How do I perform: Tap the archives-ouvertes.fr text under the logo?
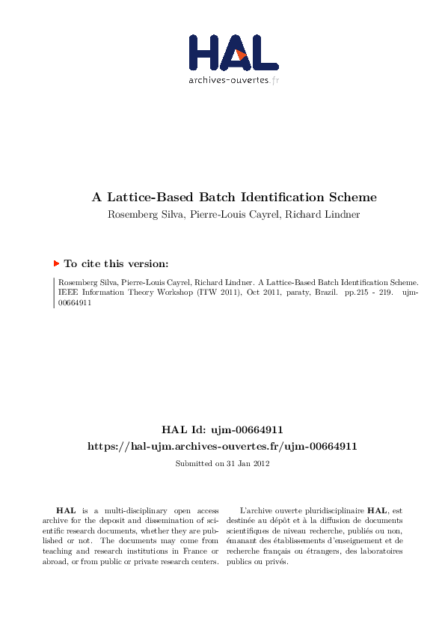click(x=233, y=79)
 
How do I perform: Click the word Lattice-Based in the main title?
click(x=149, y=198)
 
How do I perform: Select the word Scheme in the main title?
click(x=353, y=198)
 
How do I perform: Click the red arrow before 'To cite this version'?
click(x=57, y=263)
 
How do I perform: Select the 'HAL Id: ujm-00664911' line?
click(x=222, y=429)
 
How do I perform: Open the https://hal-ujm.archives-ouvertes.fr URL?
click(x=222, y=446)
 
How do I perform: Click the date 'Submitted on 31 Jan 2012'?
click(x=222, y=464)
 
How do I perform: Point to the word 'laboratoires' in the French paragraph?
click(x=381, y=551)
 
